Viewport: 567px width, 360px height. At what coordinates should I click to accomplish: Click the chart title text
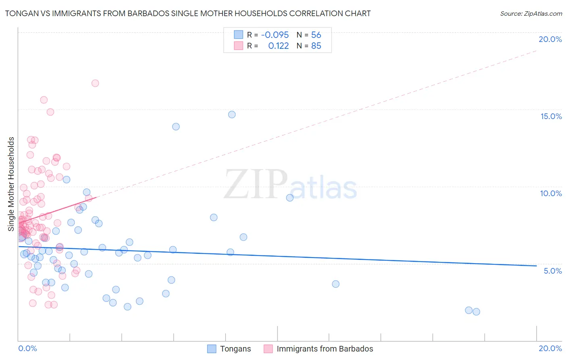(x=188, y=13)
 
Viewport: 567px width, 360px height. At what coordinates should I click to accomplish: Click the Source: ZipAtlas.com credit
(x=531, y=13)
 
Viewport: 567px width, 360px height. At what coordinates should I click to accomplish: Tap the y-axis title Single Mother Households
(x=11, y=184)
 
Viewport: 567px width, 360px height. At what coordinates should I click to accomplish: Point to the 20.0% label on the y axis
(x=550, y=39)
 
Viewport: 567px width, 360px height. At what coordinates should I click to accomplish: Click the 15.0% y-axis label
(x=551, y=116)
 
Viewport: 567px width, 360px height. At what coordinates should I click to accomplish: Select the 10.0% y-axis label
(x=551, y=193)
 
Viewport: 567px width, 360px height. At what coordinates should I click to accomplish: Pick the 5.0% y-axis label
(x=552, y=271)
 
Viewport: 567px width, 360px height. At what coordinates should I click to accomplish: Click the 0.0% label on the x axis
(x=27, y=348)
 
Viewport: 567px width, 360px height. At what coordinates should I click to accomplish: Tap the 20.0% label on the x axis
(x=550, y=348)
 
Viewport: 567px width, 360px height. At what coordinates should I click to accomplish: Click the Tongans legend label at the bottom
(x=236, y=349)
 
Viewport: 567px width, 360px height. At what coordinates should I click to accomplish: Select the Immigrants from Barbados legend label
(x=325, y=349)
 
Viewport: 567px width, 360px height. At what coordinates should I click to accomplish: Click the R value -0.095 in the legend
(x=275, y=35)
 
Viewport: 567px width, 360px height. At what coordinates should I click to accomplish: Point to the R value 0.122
(x=279, y=46)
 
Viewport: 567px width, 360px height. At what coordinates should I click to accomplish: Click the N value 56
(x=316, y=35)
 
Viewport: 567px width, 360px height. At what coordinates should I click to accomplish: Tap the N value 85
(x=316, y=46)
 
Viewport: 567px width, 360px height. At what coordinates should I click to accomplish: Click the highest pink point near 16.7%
(x=95, y=83)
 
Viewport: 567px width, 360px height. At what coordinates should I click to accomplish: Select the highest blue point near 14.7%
(x=232, y=115)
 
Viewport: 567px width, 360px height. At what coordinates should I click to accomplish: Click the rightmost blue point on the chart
(x=476, y=312)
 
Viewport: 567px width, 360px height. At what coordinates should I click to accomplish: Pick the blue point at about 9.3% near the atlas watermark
(x=290, y=198)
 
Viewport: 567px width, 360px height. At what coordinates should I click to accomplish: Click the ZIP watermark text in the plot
(x=256, y=184)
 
